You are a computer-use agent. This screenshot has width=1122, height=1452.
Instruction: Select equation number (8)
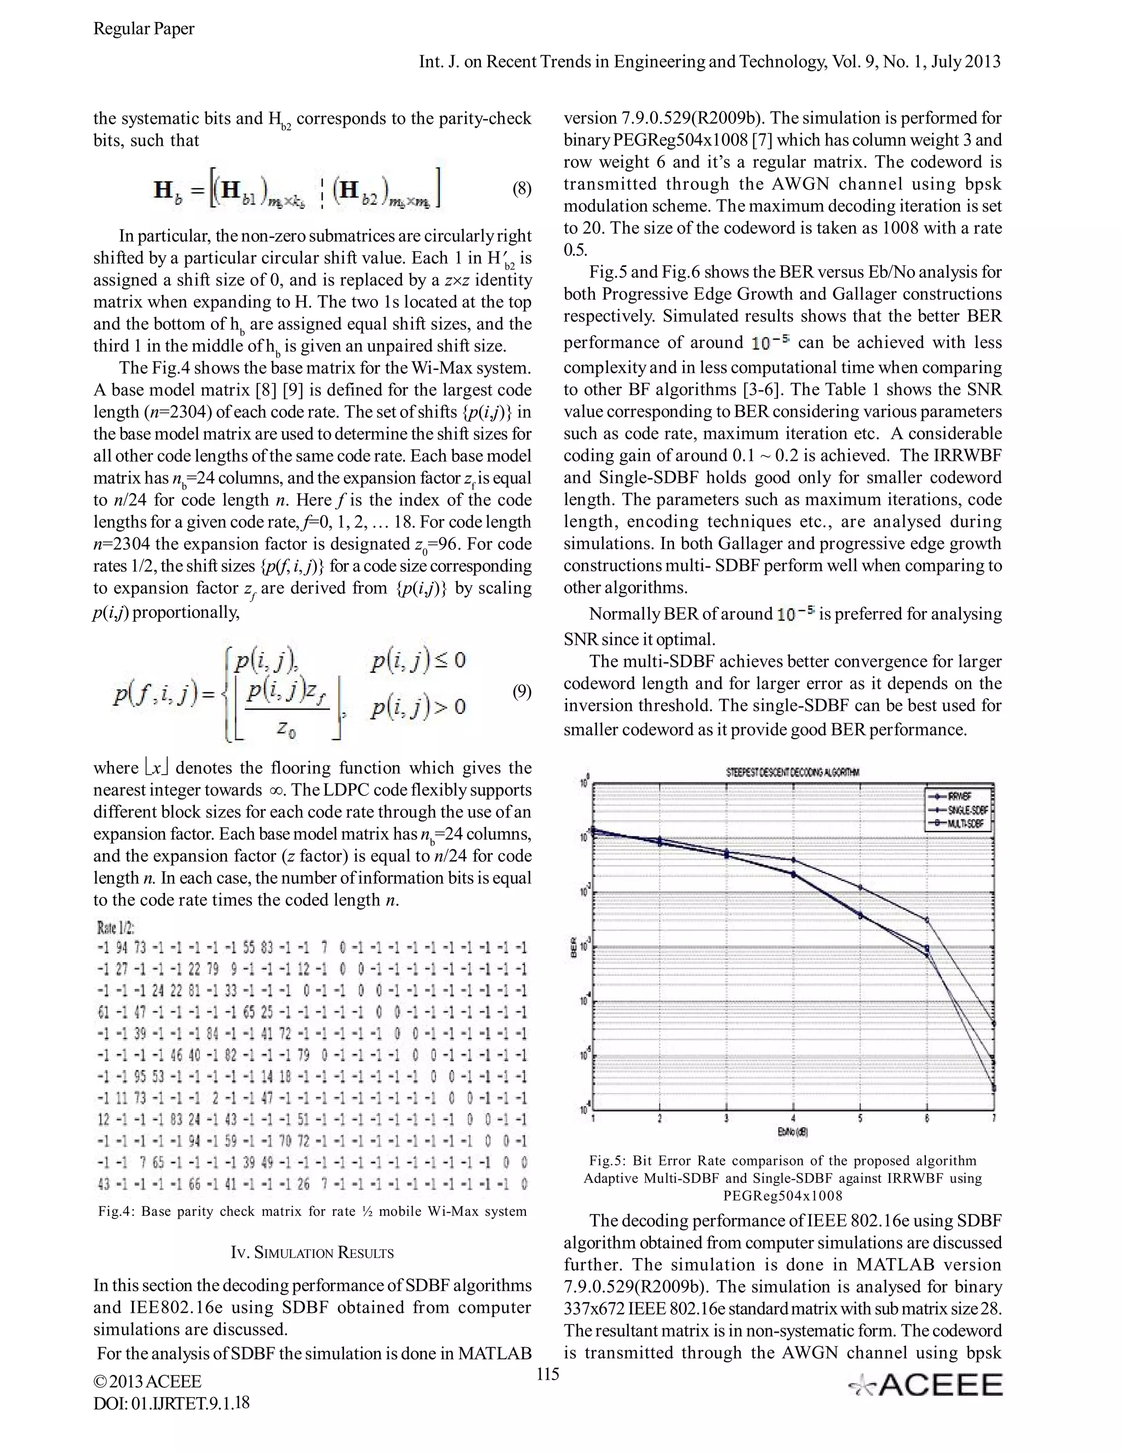(522, 190)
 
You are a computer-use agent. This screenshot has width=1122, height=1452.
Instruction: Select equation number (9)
(522, 692)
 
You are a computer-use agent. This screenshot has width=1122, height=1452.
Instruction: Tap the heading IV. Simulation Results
(312, 1253)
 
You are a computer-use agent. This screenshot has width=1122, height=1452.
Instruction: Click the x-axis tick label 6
(928, 1118)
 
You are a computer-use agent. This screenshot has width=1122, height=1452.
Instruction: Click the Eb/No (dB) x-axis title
(793, 1130)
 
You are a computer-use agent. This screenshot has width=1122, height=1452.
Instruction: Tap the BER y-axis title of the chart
(573, 951)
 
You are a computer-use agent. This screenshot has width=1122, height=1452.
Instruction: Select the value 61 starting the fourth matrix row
(104, 1013)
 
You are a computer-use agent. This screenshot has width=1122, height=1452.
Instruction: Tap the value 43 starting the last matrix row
(104, 1184)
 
